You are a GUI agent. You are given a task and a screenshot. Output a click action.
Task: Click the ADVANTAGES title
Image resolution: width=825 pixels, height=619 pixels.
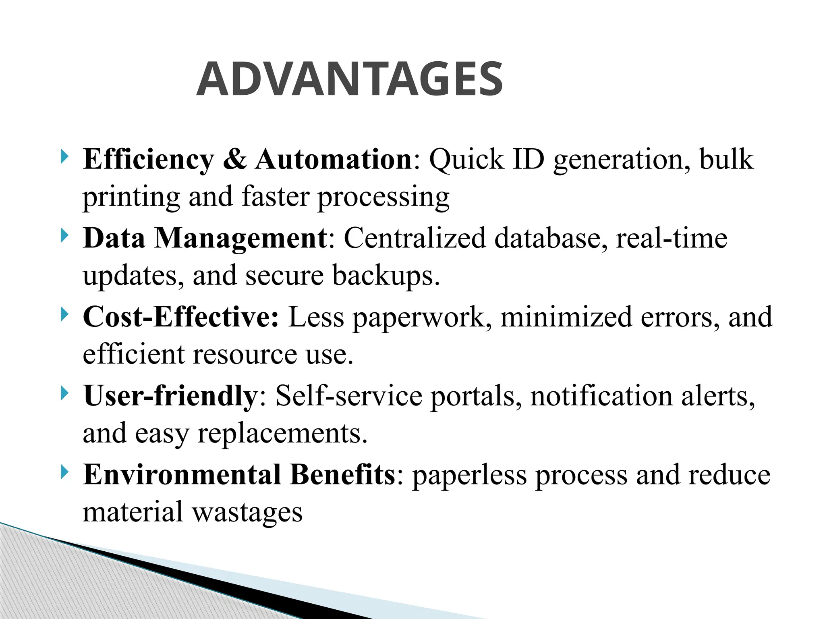click(349, 79)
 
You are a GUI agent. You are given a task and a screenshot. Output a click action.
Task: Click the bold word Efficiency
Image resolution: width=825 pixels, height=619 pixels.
click(148, 160)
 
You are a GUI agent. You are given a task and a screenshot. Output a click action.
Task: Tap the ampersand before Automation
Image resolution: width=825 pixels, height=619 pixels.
click(234, 159)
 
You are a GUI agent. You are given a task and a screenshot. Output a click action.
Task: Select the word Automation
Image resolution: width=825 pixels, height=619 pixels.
click(333, 159)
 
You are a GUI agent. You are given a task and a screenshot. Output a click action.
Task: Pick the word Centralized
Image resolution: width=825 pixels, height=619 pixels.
click(415, 238)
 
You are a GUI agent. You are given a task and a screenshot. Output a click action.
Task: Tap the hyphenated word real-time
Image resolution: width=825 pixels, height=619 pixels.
click(672, 238)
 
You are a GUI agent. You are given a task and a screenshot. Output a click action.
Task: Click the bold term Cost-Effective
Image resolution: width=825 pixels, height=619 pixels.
click(180, 317)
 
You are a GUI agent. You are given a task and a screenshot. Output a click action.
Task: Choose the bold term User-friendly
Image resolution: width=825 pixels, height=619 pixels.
click(170, 395)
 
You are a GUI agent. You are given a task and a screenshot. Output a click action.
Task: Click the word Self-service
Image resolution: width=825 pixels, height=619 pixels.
click(348, 395)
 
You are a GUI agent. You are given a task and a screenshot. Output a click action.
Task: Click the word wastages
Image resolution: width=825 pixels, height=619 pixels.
click(247, 513)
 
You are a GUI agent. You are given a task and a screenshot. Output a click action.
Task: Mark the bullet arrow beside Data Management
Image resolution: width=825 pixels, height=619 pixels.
click(64, 236)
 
